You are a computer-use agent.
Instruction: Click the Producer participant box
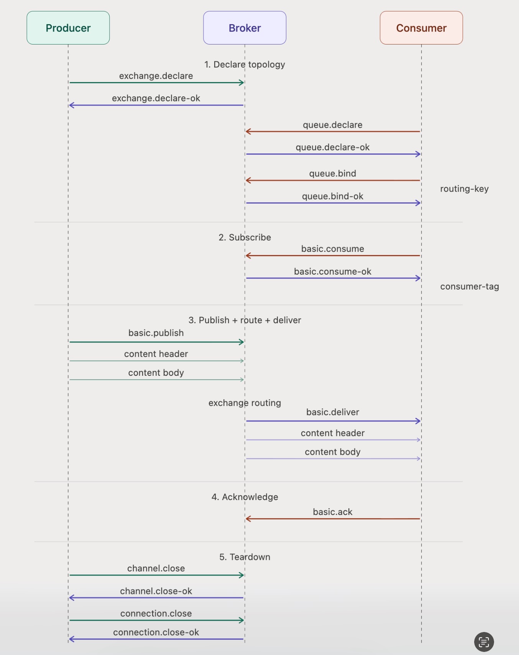[x=68, y=28]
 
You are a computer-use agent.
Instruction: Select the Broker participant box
[x=245, y=28]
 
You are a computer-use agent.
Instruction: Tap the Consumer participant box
[x=421, y=28]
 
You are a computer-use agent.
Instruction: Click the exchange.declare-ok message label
[x=156, y=98]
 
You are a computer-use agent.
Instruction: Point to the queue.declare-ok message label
[x=333, y=147]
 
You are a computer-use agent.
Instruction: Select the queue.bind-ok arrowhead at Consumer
[x=418, y=203]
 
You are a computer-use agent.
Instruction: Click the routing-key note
[x=464, y=189]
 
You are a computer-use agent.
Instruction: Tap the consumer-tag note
[x=470, y=286]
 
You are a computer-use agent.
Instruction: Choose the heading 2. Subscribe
[x=245, y=237]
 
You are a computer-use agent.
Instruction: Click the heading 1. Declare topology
[x=245, y=64]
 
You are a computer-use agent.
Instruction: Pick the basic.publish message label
[x=156, y=333]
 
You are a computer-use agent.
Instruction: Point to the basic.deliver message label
[x=333, y=412]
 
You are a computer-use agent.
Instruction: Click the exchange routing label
[x=245, y=403]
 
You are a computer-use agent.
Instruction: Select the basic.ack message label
[x=333, y=512]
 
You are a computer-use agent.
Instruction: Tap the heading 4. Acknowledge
[x=245, y=497]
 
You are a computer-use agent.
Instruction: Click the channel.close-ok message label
[x=156, y=591]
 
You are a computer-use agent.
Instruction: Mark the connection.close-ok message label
[x=156, y=632]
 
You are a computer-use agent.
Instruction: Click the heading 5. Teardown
[x=245, y=557]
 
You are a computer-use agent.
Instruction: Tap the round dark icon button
[x=484, y=642]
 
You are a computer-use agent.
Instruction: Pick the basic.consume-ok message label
[x=333, y=272]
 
